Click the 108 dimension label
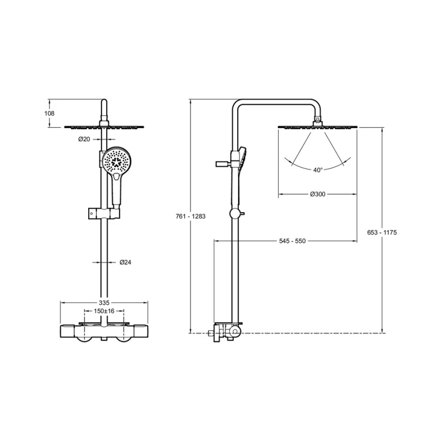(49, 113)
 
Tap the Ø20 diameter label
(84, 139)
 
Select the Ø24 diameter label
(125, 262)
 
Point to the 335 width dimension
(104, 303)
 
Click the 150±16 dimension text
(104, 311)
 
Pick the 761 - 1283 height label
(191, 216)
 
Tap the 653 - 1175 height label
(382, 232)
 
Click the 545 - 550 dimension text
(292, 241)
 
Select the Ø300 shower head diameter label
(318, 194)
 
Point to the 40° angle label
(318, 170)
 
